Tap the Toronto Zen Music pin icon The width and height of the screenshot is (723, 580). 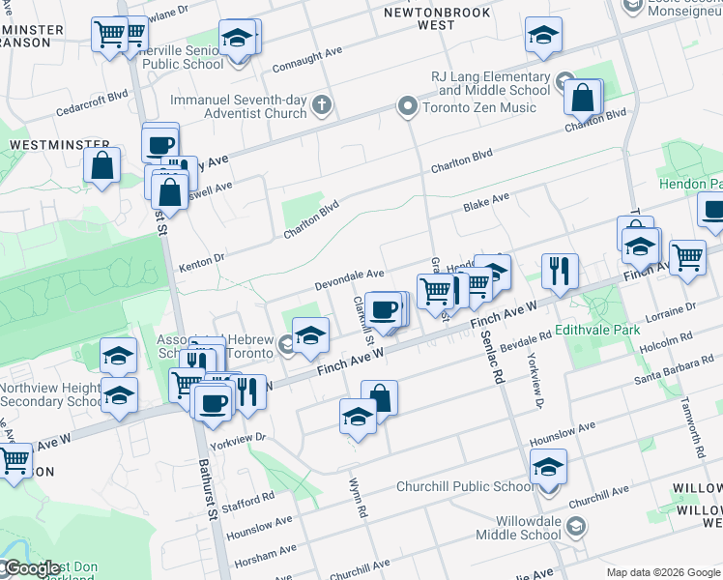(408, 106)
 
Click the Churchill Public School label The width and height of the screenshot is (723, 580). (465, 486)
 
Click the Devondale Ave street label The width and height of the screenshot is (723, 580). (350, 281)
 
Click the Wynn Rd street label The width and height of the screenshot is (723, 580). (359, 498)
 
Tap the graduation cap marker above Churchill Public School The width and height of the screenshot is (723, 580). (548, 468)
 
